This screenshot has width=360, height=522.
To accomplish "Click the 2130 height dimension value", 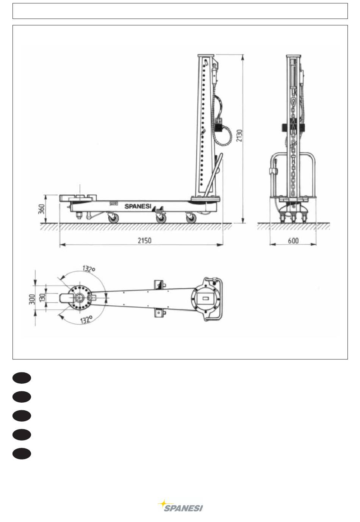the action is click(x=239, y=136).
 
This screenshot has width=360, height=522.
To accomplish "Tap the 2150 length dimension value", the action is click(x=144, y=240).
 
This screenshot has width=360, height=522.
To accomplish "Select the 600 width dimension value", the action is click(x=293, y=240).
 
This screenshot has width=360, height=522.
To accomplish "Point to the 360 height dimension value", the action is click(x=41, y=209).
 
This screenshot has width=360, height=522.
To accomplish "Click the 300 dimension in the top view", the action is click(x=32, y=299).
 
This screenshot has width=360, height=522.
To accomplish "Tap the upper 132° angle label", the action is click(x=88, y=269).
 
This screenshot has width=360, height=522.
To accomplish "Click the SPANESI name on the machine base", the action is click(x=138, y=206).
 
